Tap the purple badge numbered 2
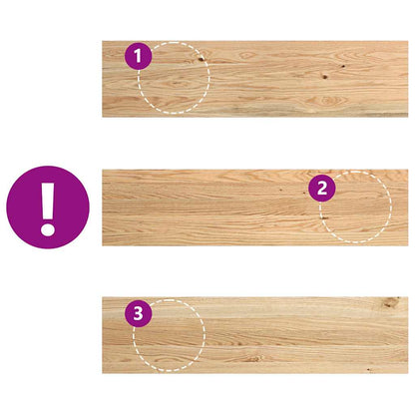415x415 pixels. [321, 187]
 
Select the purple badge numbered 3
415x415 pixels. [140, 314]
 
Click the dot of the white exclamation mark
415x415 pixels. [47, 228]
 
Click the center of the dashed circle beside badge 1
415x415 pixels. [174, 78]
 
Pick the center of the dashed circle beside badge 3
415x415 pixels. [169, 333]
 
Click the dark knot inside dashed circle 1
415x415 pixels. [200, 60]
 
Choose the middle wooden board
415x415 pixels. [239, 207]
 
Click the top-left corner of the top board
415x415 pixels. [103, 42]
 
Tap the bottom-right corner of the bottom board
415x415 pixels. [407, 373]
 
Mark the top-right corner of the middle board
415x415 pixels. [407, 170]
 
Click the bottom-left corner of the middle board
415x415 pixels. [103, 245]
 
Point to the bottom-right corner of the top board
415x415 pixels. [407, 117]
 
